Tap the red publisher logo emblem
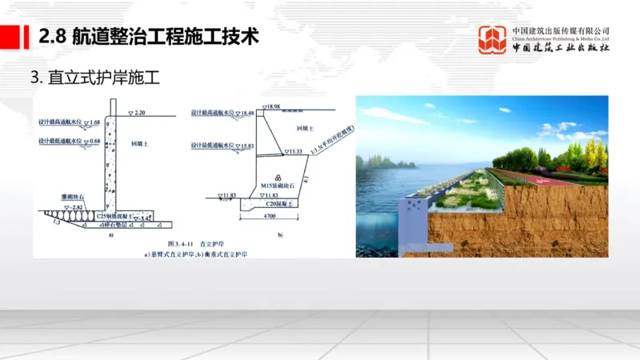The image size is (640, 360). tap(492, 39)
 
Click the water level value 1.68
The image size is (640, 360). tap(94, 122)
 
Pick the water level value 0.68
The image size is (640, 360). tap(94, 142)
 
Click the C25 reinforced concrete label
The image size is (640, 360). tap(111, 216)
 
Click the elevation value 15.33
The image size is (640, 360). tap(296, 150)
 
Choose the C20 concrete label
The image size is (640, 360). tap(276, 206)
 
